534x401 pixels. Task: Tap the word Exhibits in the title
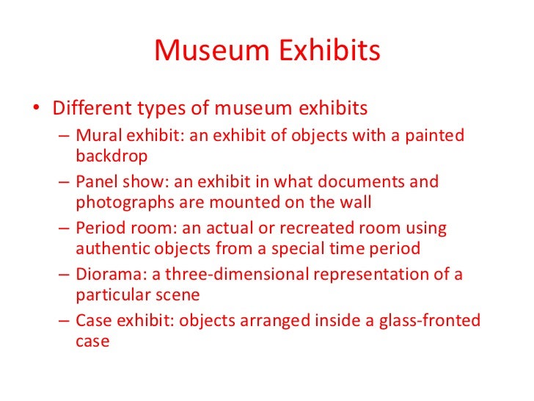click(x=333, y=51)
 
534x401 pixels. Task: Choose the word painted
click(x=435, y=137)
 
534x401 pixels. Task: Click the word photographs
click(x=122, y=201)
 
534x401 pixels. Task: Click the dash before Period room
click(x=64, y=229)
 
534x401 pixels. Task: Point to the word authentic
click(x=114, y=248)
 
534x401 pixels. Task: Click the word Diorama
click(x=105, y=275)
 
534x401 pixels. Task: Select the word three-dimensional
click(x=251, y=275)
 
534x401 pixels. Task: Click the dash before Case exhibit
click(x=64, y=322)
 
